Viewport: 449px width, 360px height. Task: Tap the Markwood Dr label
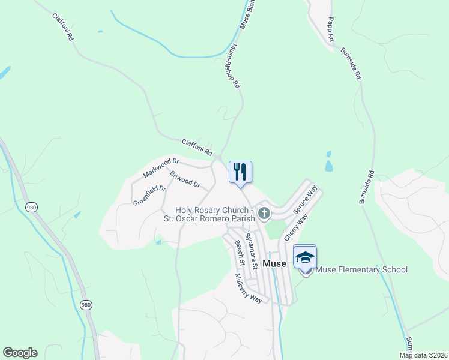point(161,168)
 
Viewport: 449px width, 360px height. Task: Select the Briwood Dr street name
point(185,180)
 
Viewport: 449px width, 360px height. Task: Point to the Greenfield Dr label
point(149,195)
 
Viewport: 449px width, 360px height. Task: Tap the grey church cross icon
point(264,213)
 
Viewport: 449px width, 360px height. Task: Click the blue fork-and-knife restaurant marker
point(240,172)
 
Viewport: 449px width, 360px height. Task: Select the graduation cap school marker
point(305,257)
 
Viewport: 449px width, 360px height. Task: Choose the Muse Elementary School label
point(361,269)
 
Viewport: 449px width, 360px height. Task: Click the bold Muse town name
point(275,263)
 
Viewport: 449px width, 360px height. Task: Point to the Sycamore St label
point(253,251)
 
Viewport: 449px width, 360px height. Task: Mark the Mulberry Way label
point(248,289)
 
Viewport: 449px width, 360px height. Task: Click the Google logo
point(20,353)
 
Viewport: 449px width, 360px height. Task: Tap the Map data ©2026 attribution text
point(424,355)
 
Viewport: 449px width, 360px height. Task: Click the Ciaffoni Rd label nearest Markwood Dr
point(197,148)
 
